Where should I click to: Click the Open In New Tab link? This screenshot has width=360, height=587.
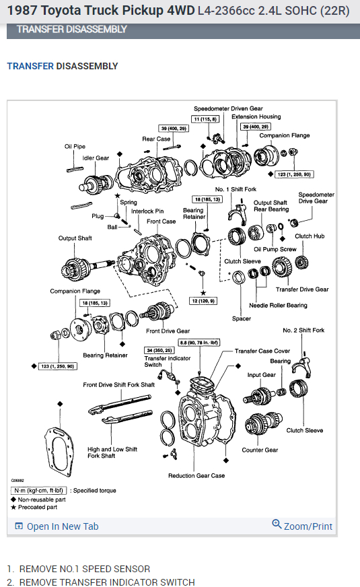tap(57, 526)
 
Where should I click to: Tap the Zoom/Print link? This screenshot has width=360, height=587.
tap(302, 526)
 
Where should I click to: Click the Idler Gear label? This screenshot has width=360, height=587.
tap(96, 158)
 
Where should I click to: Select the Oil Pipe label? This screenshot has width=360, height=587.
tap(75, 146)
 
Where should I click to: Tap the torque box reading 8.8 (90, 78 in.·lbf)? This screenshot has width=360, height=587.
tap(199, 342)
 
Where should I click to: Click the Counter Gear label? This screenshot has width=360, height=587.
tap(260, 450)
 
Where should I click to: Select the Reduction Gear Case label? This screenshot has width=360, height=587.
tap(196, 475)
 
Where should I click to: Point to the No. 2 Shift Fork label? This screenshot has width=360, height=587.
tap(303, 330)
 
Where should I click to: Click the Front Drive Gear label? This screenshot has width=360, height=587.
tap(168, 331)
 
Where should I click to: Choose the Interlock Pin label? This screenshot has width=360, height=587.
tap(147, 211)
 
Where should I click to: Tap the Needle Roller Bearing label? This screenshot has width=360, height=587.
tap(278, 306)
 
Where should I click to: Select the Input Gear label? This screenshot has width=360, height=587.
tap(262, 375)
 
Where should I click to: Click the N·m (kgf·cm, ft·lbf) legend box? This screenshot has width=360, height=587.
tap(38, 491)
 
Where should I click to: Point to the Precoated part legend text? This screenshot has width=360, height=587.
tap(38, 508)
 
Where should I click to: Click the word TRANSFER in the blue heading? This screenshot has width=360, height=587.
tap(30, 66)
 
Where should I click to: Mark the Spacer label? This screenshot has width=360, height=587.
tap(242, 318)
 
